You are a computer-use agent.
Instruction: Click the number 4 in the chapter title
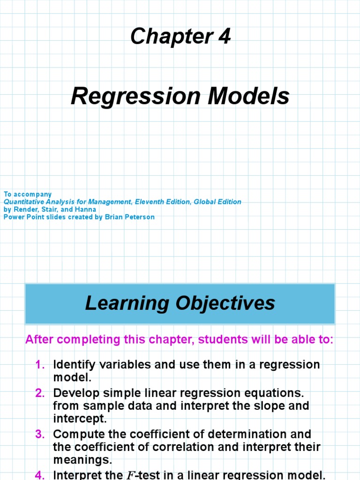point(225,36)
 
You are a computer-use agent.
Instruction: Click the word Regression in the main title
point(127,97)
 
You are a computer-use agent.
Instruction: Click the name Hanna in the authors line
point(86,210)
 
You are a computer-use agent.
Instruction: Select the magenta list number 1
point(39,365)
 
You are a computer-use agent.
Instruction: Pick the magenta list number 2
point(39,392)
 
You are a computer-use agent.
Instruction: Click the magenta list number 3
point(39,434)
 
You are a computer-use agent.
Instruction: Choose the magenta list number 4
point(39,475)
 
